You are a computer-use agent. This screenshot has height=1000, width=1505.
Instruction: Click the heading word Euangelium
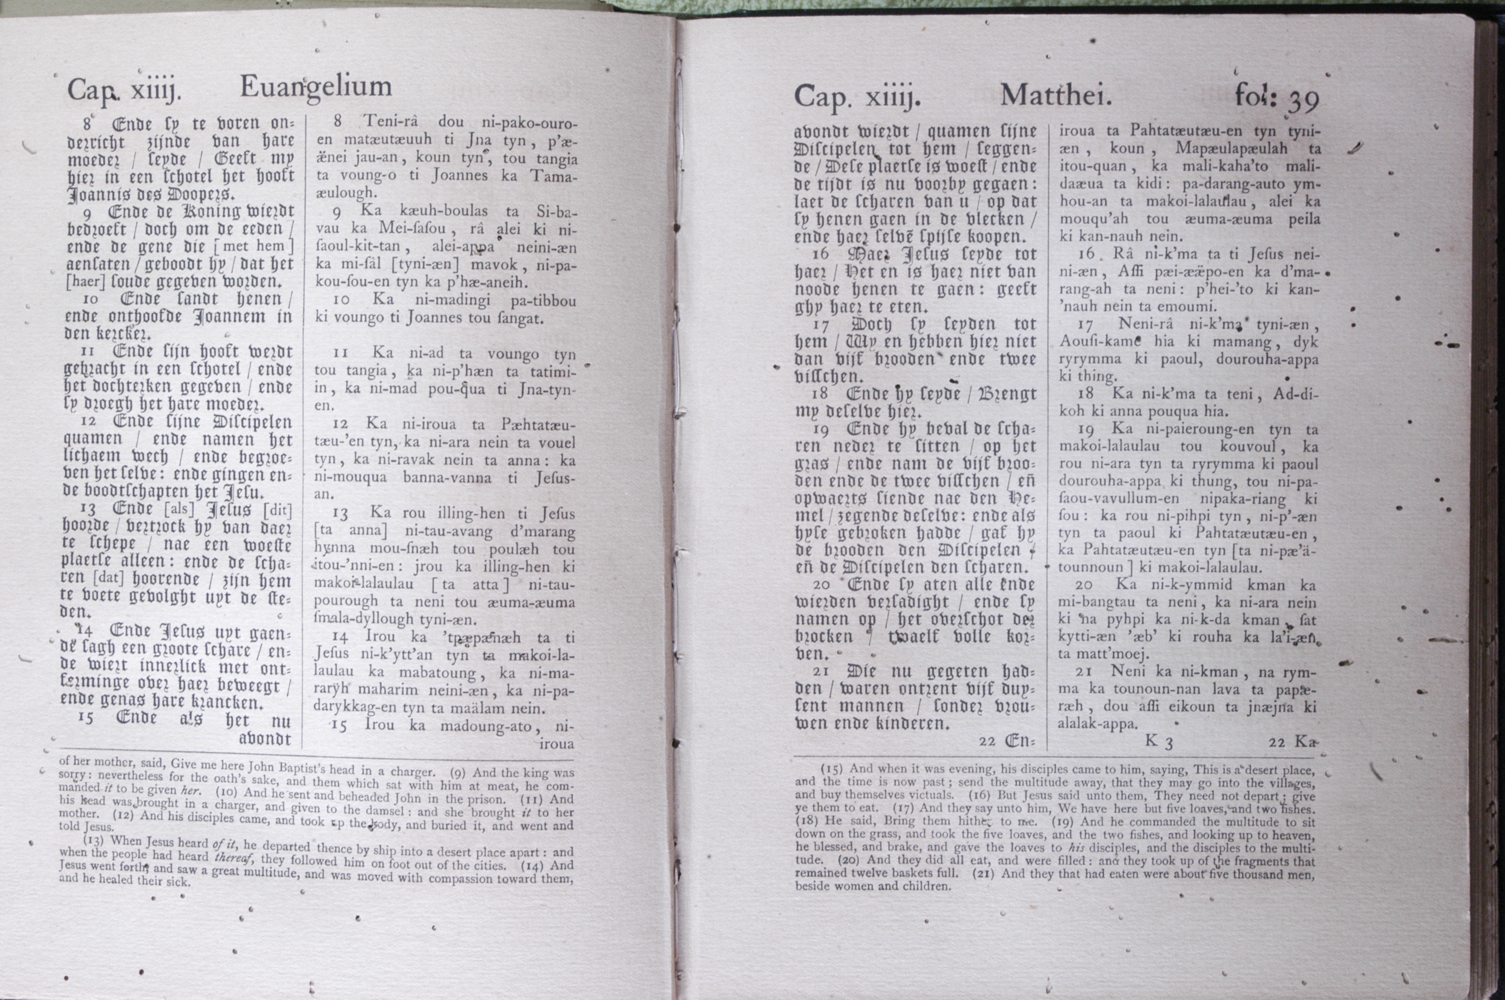(x=316, y=87)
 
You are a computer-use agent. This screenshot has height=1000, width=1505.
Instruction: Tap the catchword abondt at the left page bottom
(x=265, y=738)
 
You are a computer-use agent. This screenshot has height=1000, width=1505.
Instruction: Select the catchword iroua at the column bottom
(x=556, y=743)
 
